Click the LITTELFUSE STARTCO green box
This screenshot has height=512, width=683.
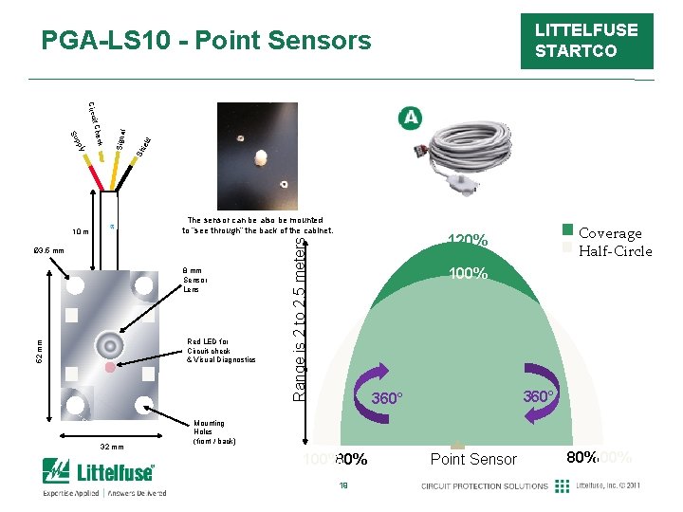click(x=586, y=41)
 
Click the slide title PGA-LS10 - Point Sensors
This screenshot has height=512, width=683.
click(x=207, y=41)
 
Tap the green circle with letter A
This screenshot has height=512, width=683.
click(x=410, y=118)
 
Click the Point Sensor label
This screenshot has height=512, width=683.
click(x=473, y=459)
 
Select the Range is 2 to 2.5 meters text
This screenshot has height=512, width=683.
click(x=300, y=319)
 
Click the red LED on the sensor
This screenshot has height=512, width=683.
click(x=111, y=366)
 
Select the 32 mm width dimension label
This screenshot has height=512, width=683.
click(x=111, y=447)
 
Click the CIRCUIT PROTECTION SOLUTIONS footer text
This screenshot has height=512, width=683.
click(x=485, y=486)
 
